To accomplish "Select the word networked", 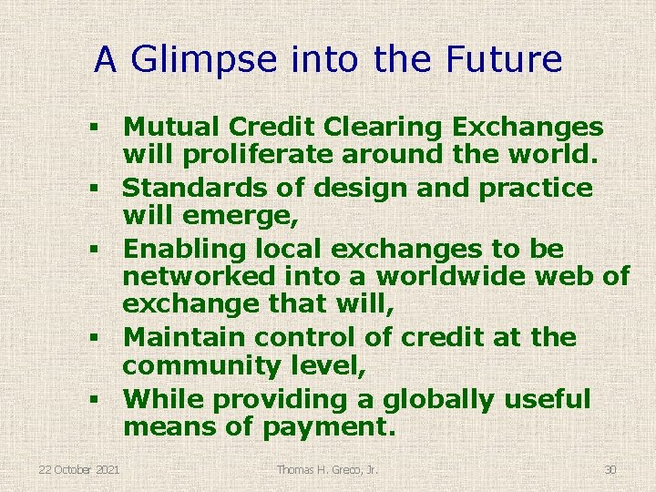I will coord(199,276).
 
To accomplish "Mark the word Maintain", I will coord(185,336).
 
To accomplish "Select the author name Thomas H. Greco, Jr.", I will coord(328,469).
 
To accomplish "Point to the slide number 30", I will coord(610,469).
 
